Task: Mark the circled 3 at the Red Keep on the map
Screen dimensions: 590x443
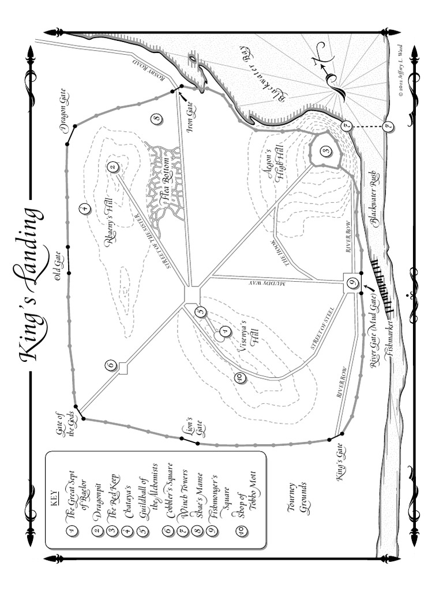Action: (x=326, y=152)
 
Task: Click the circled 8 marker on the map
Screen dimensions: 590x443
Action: (x=156, y=119)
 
